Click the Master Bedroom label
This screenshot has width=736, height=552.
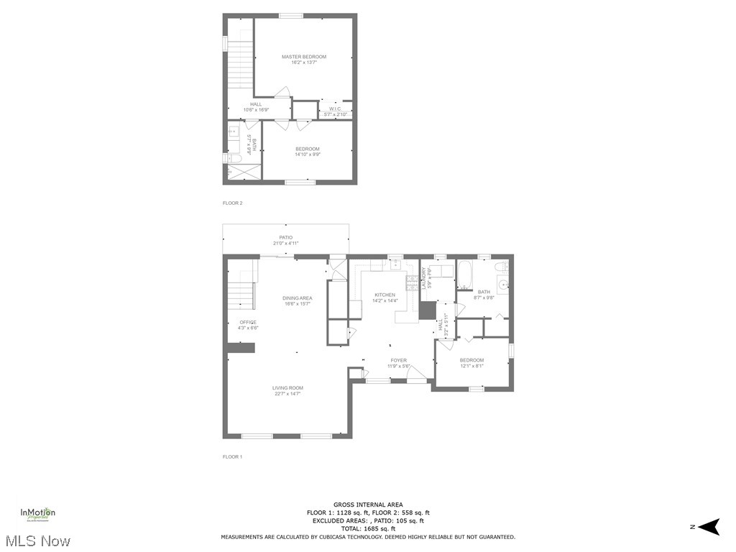point(303,57)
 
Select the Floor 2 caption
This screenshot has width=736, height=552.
point(232,203)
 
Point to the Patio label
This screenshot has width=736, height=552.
point(286,237)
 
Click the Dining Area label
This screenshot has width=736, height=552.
point(298,298)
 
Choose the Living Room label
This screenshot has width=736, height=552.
point(287,388)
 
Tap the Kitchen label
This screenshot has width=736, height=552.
point(385,295)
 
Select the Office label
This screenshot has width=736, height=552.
point(248,322)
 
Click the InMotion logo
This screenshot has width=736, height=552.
point(37,514)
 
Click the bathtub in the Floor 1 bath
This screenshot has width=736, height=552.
point(464,276)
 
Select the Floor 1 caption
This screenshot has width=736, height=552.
point(232,457)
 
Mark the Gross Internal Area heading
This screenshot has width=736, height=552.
point(368,505)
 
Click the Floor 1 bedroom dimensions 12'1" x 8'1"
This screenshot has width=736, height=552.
point(471,366)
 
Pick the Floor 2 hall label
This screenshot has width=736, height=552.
point(256,104)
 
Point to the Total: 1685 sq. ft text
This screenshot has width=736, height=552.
point(368,528)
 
